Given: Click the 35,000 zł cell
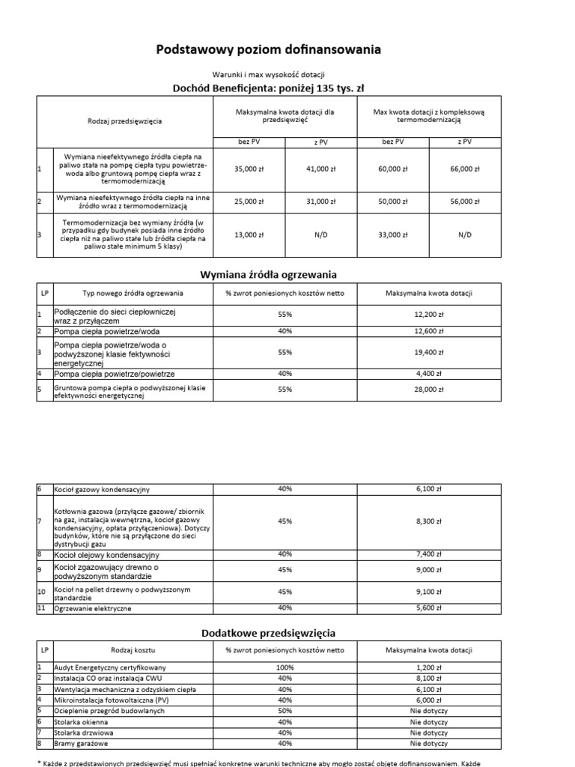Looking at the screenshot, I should pos(249,169).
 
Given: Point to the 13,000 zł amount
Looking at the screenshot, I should pos(249,235).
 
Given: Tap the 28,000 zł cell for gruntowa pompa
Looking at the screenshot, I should pos(429,390).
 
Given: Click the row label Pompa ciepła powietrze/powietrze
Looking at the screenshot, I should pos(114,373).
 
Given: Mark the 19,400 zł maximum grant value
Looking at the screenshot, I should pos(429,351).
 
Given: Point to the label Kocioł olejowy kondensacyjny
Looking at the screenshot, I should pos(106,555).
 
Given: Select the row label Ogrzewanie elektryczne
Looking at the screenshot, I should pos(94,609).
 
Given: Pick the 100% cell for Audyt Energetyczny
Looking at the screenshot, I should pos(285,667).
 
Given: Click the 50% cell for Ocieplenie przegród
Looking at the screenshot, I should pos(285,711).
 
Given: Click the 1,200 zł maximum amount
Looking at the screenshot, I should pos(429,667).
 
